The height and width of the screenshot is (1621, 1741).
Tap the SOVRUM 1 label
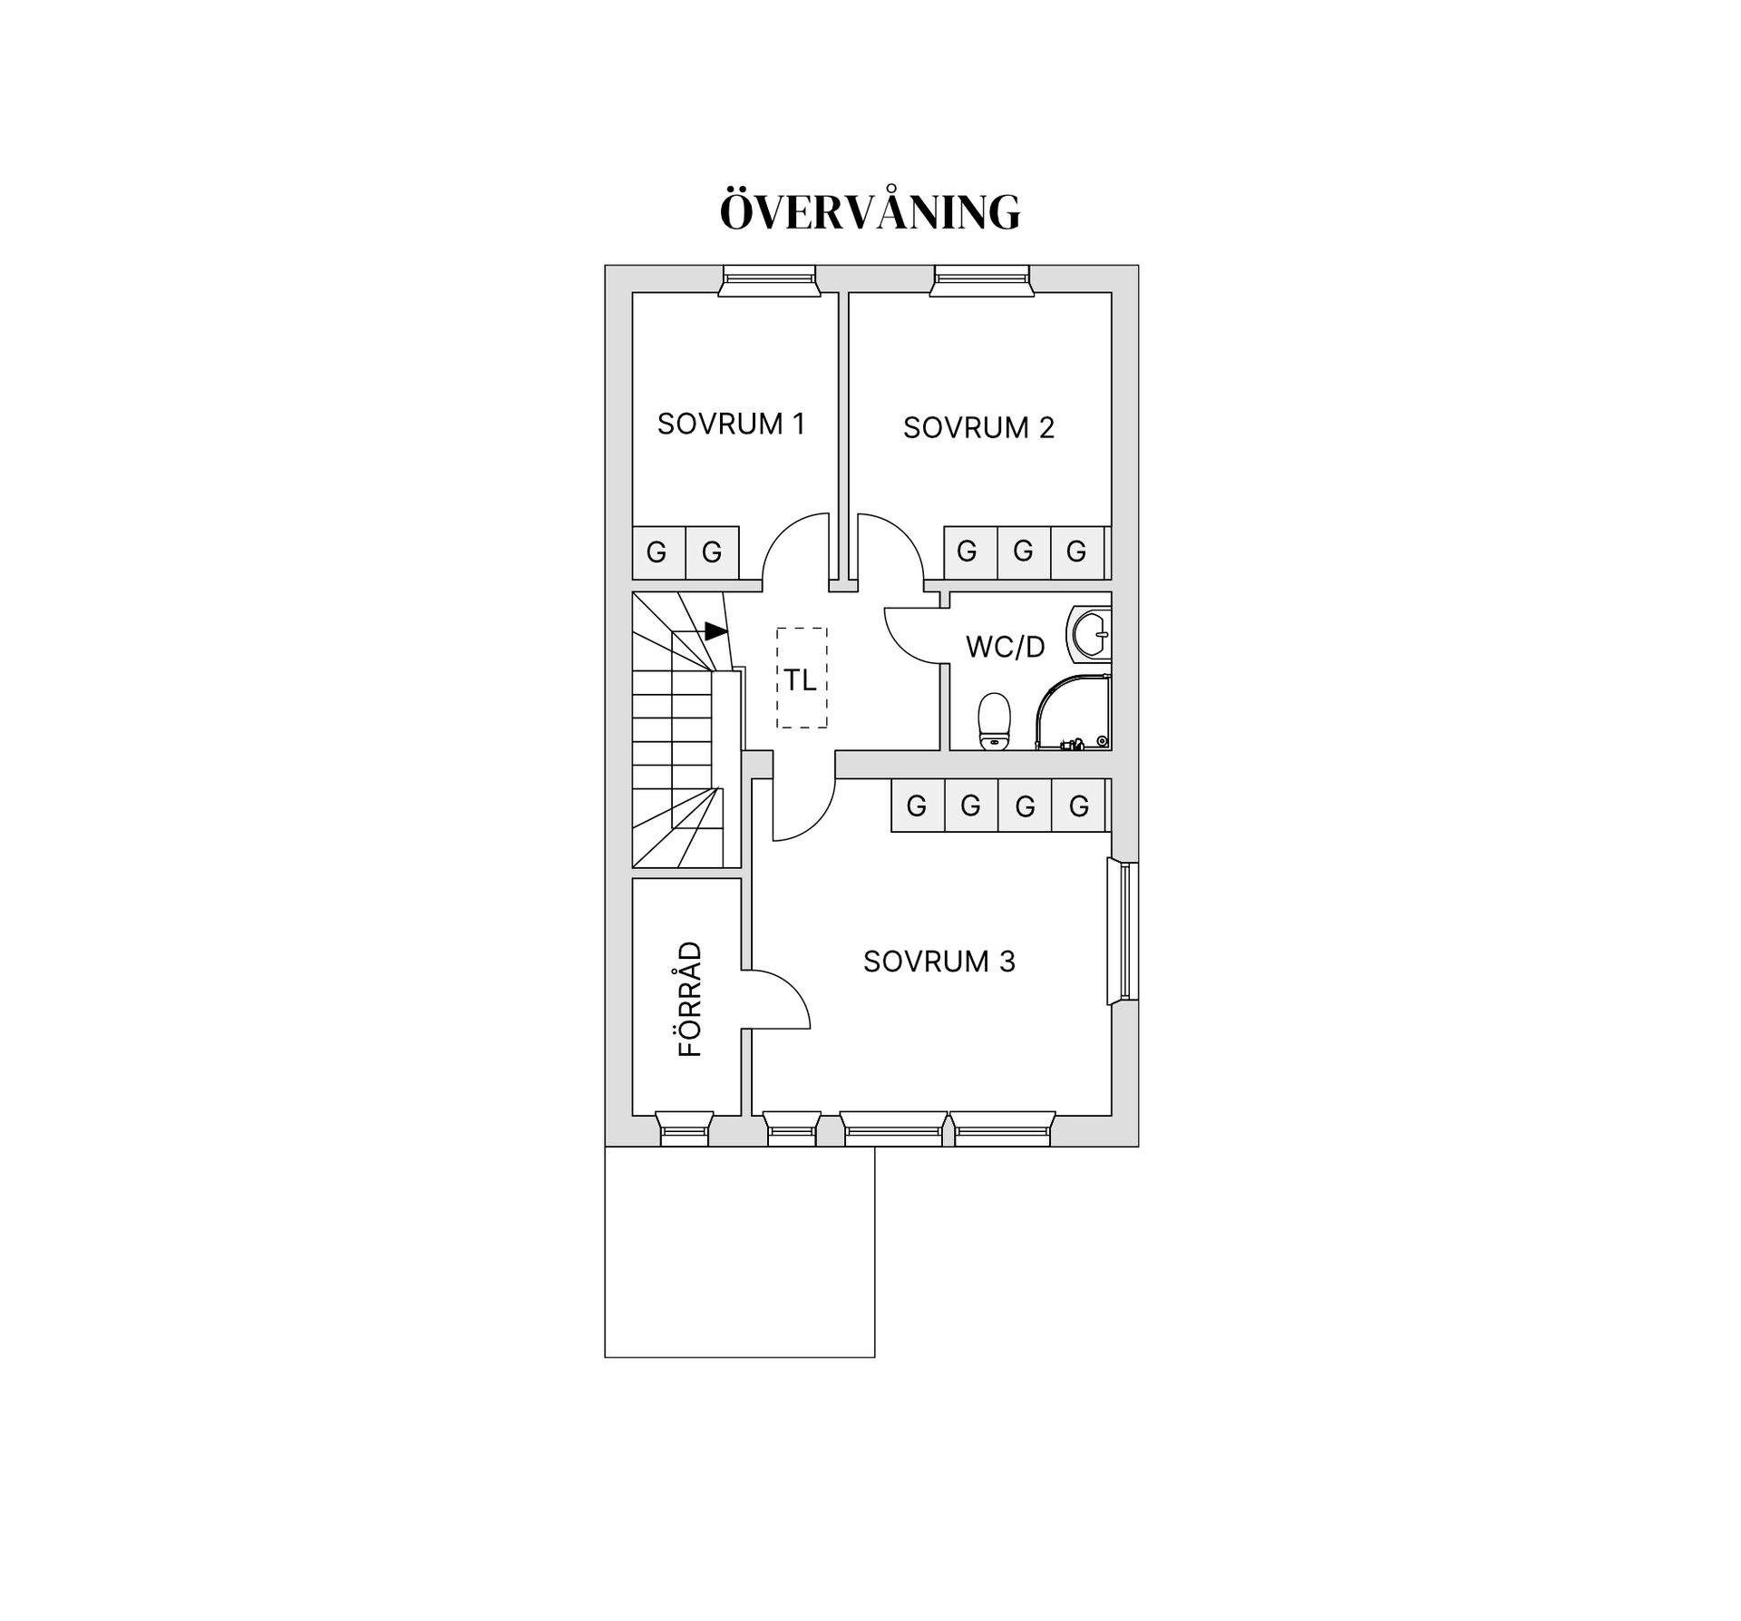pos(731,424)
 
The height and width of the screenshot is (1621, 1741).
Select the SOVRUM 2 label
pos(978,427)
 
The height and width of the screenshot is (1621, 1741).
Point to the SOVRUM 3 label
pos(939,961)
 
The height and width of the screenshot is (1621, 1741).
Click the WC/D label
pos(1005,647)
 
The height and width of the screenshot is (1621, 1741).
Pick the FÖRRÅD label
pos(690,999)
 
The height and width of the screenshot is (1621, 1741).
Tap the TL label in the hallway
pos(801,679)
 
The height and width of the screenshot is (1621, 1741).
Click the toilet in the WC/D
pos(995,722)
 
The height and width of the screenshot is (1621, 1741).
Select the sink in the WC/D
pos(1089,632)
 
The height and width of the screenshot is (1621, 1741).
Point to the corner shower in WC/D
pos(1074,712)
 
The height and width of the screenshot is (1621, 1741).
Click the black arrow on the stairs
pos(715,630)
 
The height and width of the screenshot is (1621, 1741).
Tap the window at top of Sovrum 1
pos(769,280)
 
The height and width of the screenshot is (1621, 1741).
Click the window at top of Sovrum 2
pos(982,280)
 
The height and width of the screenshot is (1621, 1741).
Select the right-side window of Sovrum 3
pos(1123,932)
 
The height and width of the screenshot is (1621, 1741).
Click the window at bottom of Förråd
pos(684,1128)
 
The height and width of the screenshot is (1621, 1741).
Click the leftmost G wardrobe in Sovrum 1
pos(658,552)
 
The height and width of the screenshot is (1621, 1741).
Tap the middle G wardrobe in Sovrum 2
pos(1024,552)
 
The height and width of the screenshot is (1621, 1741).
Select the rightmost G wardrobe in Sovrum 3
pos(1079,806)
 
